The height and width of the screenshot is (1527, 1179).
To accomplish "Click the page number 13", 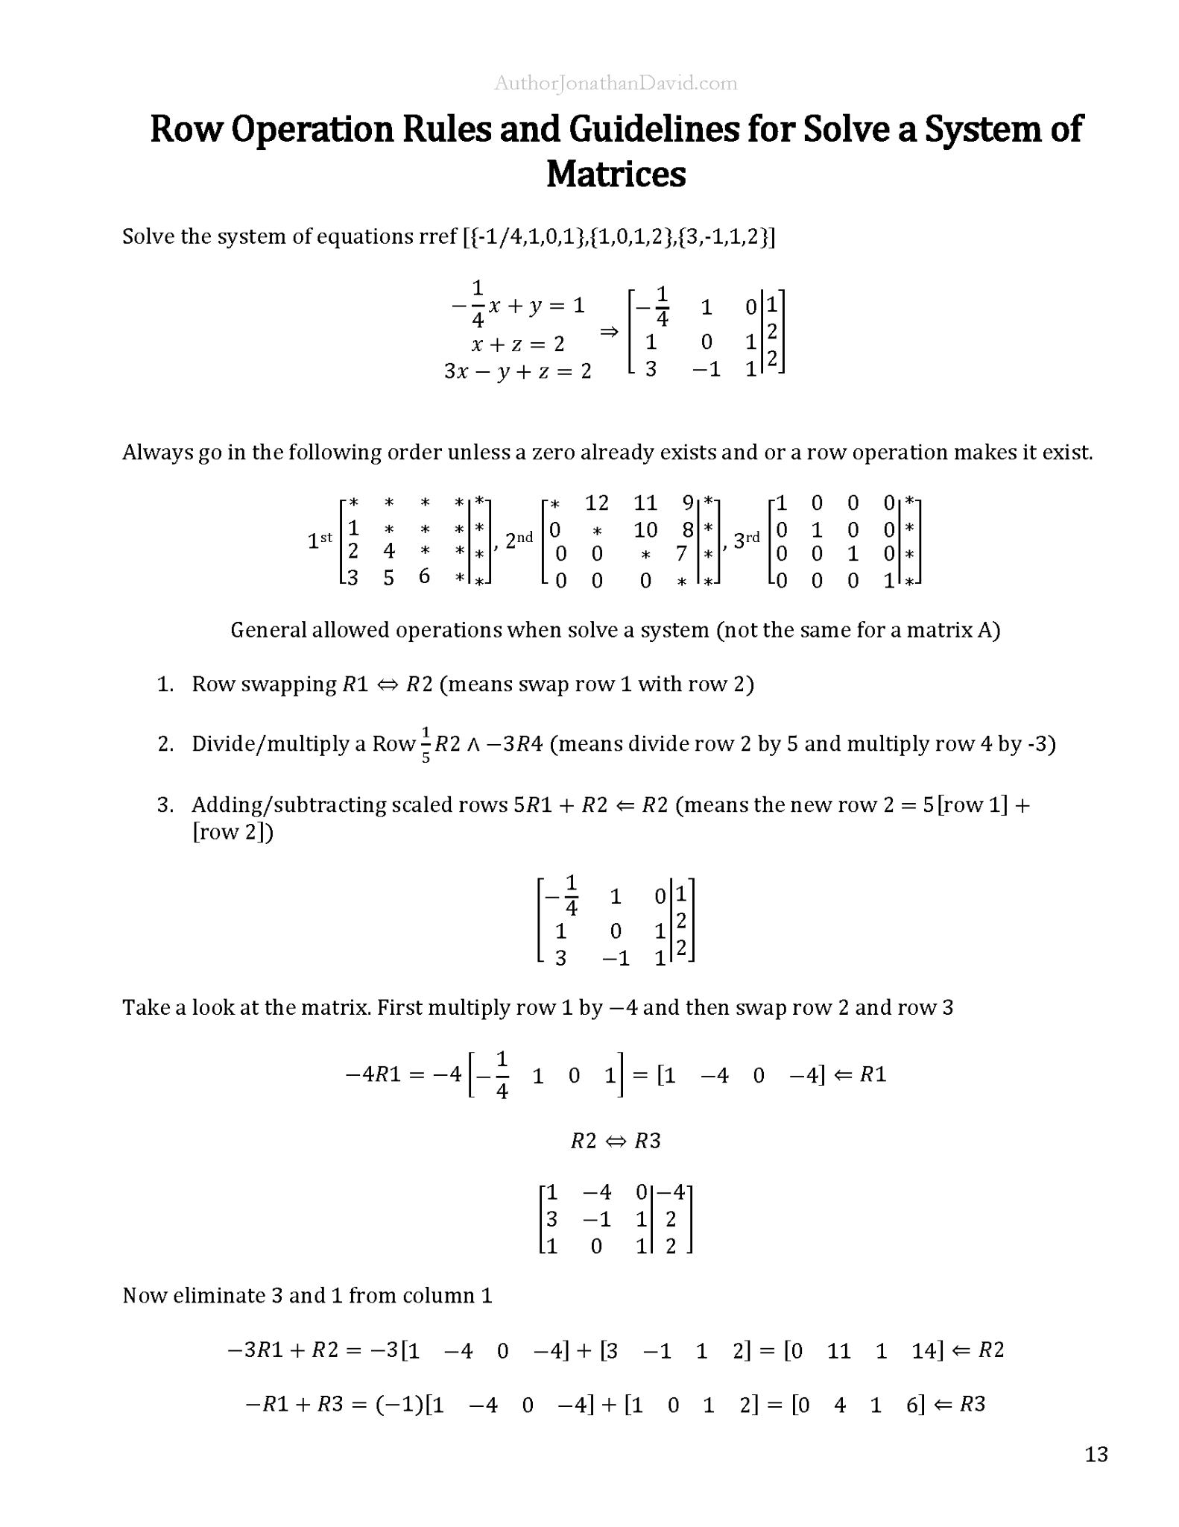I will (1096, 1454).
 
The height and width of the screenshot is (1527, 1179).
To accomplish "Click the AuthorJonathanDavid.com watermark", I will (616, 84).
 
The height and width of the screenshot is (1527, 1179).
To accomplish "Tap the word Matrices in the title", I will (616, 174).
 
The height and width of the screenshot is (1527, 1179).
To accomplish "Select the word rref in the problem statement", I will (435, 236).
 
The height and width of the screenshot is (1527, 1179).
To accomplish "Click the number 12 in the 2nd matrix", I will (597, 503).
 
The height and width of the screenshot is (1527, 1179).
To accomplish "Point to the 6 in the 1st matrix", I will (424, 576).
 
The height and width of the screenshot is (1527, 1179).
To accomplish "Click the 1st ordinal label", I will (320, 540).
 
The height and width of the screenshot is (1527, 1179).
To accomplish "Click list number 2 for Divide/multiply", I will (165, 744).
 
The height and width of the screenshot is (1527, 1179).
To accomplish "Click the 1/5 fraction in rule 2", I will (426, 744).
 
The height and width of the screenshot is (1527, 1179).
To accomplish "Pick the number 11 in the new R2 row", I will (838, 1350).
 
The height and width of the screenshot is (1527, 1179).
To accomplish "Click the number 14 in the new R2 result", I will (923, 1350).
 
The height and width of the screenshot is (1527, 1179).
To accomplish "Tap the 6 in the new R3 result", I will (911, 1405).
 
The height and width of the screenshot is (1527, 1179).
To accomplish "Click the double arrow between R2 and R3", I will (616, 1142).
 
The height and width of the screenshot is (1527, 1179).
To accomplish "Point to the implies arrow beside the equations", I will (609, 332).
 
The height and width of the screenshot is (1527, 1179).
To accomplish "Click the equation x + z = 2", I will (518, 344).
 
